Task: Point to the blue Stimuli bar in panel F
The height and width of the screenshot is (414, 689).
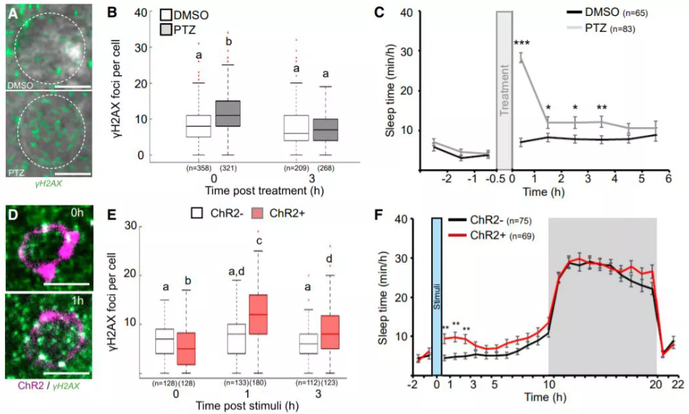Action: point(436,296)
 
